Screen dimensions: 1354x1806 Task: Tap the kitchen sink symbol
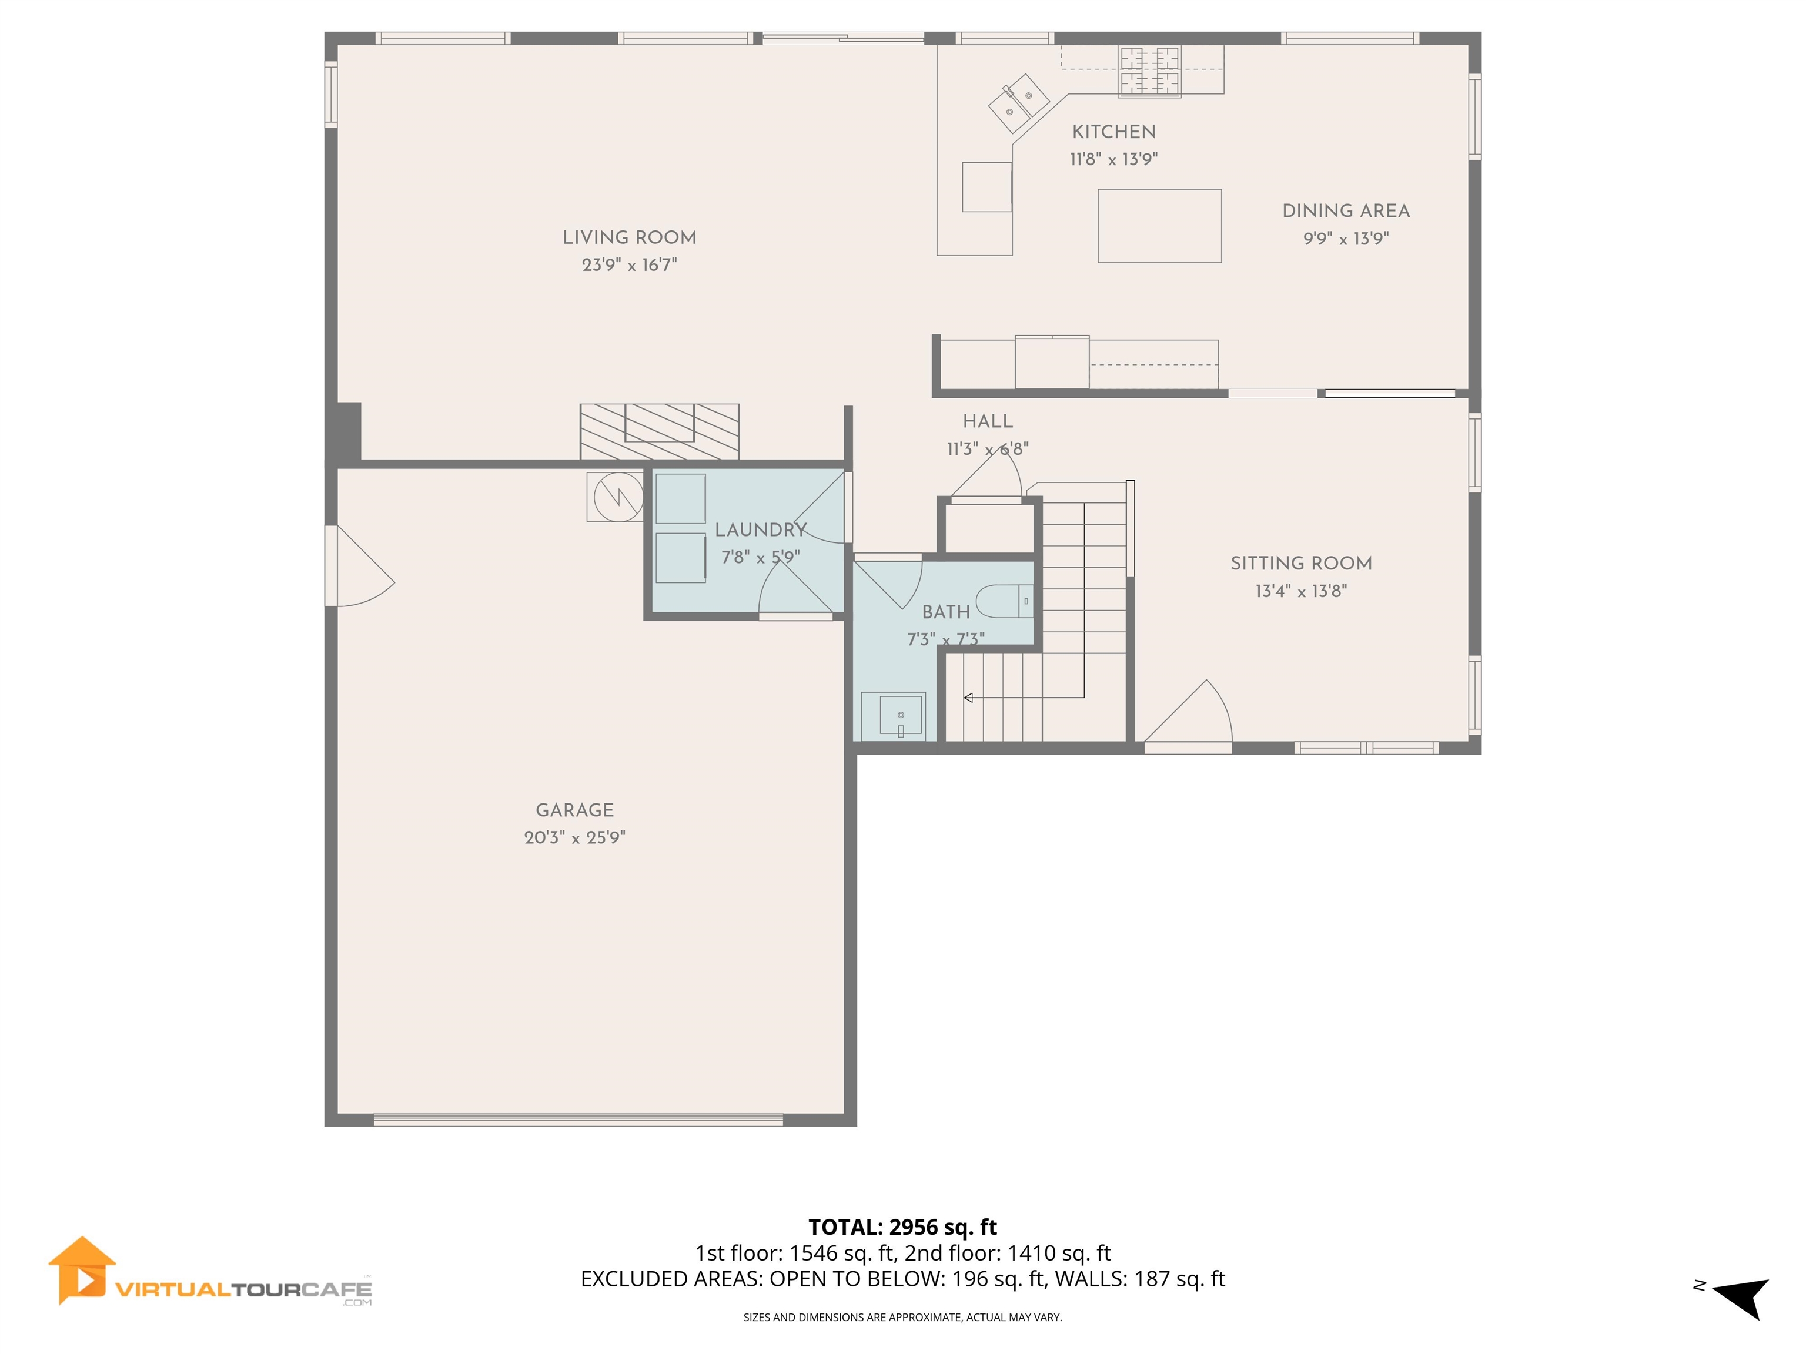click(1018, 103)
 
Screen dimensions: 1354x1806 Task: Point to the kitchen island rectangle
click(1159, 226)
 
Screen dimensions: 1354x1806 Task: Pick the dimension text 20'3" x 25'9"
click(575, 837)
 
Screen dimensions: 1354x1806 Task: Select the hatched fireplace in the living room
click(659, 432)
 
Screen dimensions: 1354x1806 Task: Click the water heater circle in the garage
click(617, 496)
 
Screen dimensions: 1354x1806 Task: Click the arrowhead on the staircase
click(968, 698)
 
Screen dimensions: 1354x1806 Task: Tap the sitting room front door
click(1188, 718)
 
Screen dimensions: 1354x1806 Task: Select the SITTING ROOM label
click(1300, 563)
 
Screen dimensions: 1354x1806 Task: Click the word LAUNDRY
click(760, 529)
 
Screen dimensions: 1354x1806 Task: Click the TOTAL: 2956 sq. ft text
click(902, 1226)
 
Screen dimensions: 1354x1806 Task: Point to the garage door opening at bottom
click(578, 1120)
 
